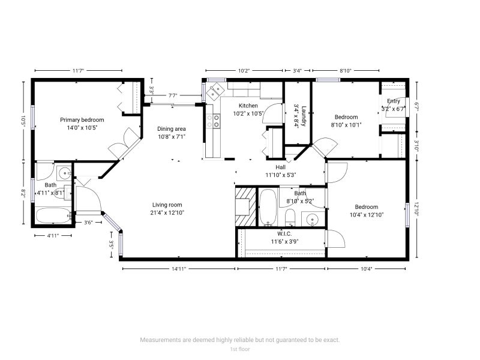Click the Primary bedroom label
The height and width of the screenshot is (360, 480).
tap(82, 120)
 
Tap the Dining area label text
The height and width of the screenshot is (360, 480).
tap(172, 129)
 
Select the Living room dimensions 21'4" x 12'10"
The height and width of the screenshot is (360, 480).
tap(167, 213)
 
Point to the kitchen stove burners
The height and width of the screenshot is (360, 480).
tap(213, 121)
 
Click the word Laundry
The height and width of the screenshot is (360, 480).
tap(304, 116)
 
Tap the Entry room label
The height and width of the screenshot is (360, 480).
tap(394, 101)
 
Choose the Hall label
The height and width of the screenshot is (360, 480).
tap(280, 167)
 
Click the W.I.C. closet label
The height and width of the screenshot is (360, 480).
tap(284, 234)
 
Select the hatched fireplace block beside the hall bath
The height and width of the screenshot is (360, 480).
tap(245, 206)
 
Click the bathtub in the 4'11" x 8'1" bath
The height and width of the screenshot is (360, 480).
tap(53, 215)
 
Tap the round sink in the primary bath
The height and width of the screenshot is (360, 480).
tap(65, 173)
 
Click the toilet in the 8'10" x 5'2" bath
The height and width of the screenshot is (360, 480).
tap(290, 218)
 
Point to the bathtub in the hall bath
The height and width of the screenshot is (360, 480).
tap(268, 207)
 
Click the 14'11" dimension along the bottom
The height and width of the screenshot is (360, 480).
tap(179, 269)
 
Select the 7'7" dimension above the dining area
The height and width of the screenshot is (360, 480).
tap(173, 95)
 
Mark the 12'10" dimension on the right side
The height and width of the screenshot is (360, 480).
tap(416, 209)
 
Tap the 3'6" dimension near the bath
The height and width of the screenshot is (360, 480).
tap(88, 223)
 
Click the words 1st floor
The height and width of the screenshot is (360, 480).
tap(240, 349)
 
